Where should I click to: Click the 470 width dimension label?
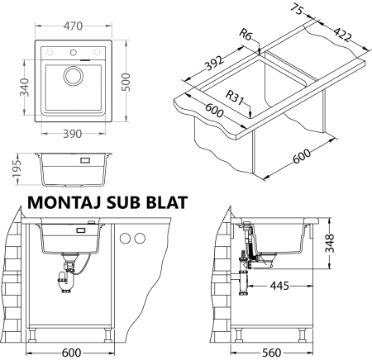coord(73,26)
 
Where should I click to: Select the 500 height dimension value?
coord(126,82)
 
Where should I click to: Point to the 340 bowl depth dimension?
coord(25,88)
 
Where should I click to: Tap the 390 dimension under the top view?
coord(73,134)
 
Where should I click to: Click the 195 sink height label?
coord(17,168)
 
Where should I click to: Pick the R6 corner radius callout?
coord(246,35)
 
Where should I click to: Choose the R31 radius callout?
coord(235,97)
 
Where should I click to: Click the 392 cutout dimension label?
coord(214,64)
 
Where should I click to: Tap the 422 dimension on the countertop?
coord(343,35)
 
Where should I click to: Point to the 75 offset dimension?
coord(297,10)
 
